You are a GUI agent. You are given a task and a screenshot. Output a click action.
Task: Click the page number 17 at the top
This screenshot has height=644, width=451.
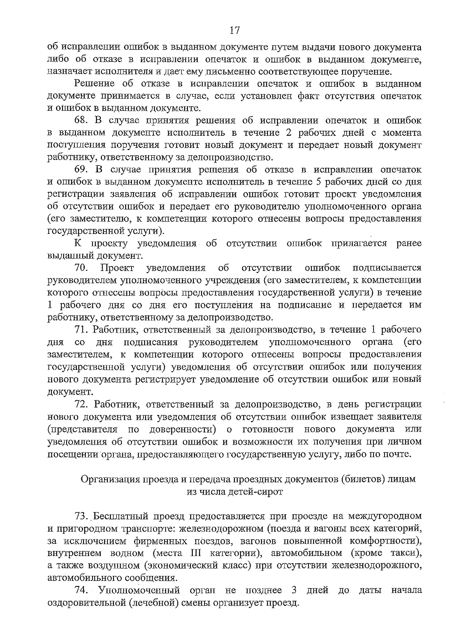coord(234,30)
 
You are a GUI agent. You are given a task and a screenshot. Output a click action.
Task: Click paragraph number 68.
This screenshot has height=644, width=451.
coord(81,121)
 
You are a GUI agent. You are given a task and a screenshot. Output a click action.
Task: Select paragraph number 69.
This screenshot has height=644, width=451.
coord(81,170)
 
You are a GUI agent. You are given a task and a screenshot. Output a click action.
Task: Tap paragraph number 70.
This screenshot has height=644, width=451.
coord(81,268)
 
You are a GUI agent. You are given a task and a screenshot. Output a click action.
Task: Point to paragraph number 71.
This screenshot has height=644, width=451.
coord(81,330)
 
